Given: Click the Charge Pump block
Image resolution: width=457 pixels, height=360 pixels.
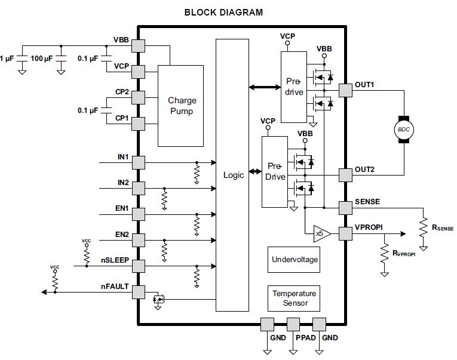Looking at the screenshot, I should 180,106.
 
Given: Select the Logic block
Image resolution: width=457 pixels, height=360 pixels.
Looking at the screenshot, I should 232,175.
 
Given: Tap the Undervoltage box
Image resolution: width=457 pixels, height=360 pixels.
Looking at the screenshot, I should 294,259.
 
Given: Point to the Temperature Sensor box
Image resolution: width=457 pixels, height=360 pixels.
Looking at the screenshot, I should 294,298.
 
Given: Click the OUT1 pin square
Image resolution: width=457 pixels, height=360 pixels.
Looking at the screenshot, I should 345,91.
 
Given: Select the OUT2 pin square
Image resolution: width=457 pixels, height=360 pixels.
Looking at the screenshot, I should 345,175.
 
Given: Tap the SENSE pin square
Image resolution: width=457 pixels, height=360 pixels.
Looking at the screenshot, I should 345,208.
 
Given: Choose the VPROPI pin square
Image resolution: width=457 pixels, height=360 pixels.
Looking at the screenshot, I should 345,233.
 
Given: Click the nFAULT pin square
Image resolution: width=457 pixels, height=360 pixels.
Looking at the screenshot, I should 138,293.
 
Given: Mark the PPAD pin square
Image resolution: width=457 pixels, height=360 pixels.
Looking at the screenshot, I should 293,324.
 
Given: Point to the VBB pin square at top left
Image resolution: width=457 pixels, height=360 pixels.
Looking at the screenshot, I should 138,45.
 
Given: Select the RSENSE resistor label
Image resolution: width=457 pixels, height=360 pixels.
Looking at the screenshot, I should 442,227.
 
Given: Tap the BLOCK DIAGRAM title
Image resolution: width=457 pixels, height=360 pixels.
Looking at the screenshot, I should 223,12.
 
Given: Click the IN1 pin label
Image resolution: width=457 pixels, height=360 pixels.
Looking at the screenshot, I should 122,157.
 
